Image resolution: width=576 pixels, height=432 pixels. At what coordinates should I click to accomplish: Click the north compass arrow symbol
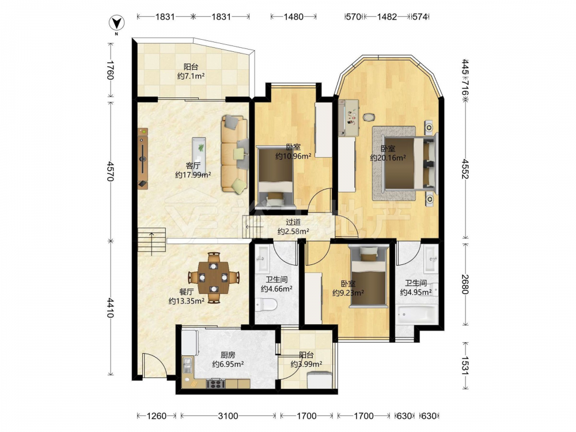[117, 24]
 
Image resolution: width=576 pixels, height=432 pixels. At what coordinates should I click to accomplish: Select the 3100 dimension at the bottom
[228, 416]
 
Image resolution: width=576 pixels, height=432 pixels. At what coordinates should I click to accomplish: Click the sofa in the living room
[234, 154]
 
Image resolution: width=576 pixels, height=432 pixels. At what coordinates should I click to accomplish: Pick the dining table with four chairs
[214, 278]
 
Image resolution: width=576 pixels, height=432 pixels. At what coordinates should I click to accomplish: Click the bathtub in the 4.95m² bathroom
[416, 314]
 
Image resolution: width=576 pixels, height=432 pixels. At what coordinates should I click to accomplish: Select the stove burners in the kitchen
[215, 384]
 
